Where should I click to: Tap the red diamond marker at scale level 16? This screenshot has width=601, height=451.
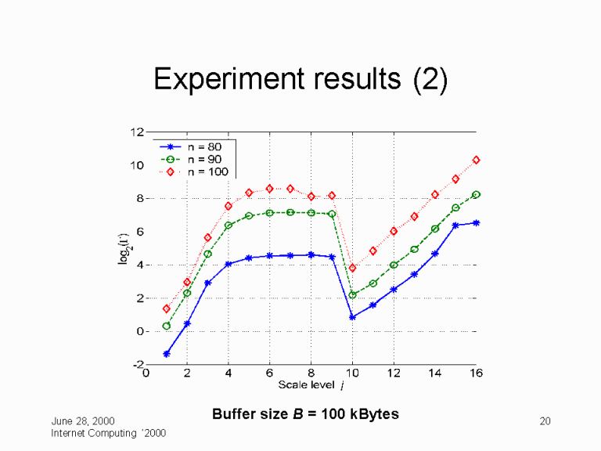tap(476, 160)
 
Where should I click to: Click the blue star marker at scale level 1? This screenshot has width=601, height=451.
tap(167, 354)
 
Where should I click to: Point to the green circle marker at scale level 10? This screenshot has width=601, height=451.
tap(352, 295)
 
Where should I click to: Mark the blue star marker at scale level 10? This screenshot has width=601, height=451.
tap(352, 317)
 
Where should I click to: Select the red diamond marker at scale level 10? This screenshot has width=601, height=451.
tap(352, 268)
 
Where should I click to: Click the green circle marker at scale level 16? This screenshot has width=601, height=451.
tap(476, 194)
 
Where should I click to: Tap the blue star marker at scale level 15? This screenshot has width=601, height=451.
tap(455, 225)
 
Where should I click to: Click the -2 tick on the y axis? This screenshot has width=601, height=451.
tap(136, 365)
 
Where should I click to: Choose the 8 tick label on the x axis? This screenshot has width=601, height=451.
tap(311, 373)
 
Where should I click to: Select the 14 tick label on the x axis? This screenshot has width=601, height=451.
tap(434, 373)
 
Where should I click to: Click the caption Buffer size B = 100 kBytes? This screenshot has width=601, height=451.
tap(305, 413)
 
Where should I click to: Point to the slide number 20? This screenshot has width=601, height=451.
tap(546, 422)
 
